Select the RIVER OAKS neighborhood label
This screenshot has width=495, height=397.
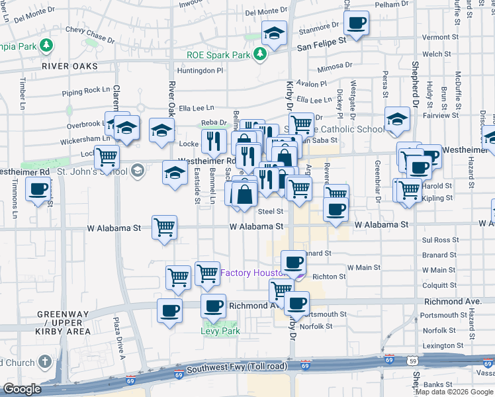pos(69,66)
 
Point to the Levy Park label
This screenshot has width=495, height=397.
pos(220,331)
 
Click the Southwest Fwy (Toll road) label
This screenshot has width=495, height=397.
pos(237,368)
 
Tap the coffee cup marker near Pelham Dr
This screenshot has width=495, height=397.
pos(356,23)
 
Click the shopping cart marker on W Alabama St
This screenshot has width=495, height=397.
pos(165,227)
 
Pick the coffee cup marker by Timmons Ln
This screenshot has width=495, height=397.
pos(38,189)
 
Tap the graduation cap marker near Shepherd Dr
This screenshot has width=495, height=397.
pos(397,119)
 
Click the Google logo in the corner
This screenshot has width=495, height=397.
pos(22,389)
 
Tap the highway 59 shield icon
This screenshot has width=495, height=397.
pos(412,361)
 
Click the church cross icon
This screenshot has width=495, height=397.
pos(44,362)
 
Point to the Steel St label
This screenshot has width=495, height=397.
pos(271,212)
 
